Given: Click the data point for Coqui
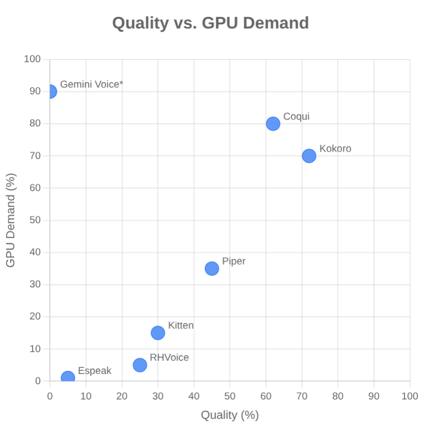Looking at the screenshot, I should pos(273,124).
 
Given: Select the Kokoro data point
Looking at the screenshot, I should pos(309,156).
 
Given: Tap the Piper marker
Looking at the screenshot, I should pos(212,268).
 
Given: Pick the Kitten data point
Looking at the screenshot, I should pos(158,333).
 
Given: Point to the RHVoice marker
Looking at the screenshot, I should pos(140,365).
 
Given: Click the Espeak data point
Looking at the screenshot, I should pos(68,378).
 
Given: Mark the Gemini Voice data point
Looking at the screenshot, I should pos(50,92).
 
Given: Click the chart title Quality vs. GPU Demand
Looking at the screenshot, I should pos(210,23).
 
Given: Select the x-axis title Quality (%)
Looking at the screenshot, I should pos(230,415).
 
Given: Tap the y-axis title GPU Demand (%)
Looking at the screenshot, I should pos(11,220).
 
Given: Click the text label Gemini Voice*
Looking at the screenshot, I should pos(92,84).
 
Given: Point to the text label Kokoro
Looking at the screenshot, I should pos(335,149).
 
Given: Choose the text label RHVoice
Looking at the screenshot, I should pos(169,357).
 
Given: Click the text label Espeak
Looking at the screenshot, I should pos(95,370).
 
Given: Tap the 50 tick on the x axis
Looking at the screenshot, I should pos(230,396).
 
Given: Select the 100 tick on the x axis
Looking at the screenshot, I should pos(410,396).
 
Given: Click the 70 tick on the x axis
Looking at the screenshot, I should pos(302,396).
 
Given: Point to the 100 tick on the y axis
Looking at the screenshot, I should pos(32,59).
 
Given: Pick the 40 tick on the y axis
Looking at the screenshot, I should pos(35,252).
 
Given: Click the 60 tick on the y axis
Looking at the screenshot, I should pos(35,188).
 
